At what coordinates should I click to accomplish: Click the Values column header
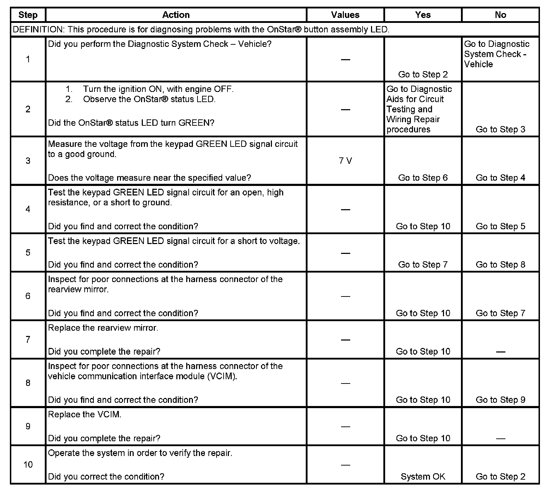coord(345,15)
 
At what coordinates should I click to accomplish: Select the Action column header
coord(176,15)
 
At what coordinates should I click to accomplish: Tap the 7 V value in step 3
coord(345,161)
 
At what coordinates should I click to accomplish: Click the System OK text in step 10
coord(423,476)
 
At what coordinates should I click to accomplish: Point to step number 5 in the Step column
coord(28,253)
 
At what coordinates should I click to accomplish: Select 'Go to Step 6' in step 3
coord(423,178)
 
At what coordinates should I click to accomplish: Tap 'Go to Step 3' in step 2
coord(500,129)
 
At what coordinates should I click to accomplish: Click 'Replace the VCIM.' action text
coord(85,414)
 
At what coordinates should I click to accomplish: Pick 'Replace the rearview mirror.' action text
coord(103,328)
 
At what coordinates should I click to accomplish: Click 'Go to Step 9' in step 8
coord(500,400)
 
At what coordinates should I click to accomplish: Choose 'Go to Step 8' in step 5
coord(500,264)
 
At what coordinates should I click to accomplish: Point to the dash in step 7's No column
coord(500,352)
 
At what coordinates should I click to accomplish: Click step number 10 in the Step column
coord(28,464)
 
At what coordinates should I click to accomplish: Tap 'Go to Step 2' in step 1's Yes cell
coord(423,74)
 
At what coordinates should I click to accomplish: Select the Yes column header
coord(423,15)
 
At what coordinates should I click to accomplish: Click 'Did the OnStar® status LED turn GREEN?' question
coord(131,123)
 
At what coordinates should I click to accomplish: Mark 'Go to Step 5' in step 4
coord(500,226)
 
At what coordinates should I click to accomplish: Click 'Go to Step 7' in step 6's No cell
coord(500,313)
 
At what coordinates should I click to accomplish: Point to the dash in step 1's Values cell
coord(345,60)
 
